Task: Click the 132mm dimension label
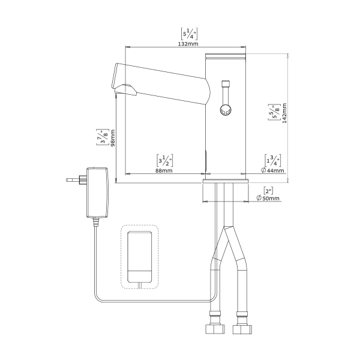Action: (x=188, y=44)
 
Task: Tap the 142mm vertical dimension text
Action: (x=284, y=113)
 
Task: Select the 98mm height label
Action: (x=113, y=138)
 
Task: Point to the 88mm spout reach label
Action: (x=164, y=170)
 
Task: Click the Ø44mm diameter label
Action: (x=272, y=170)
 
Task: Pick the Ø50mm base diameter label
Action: (x=268, y=198)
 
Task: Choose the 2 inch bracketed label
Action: (x=268, y=191)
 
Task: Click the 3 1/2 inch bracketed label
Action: (x=164, y=160)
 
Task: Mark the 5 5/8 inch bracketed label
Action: (x=274, y=112)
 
